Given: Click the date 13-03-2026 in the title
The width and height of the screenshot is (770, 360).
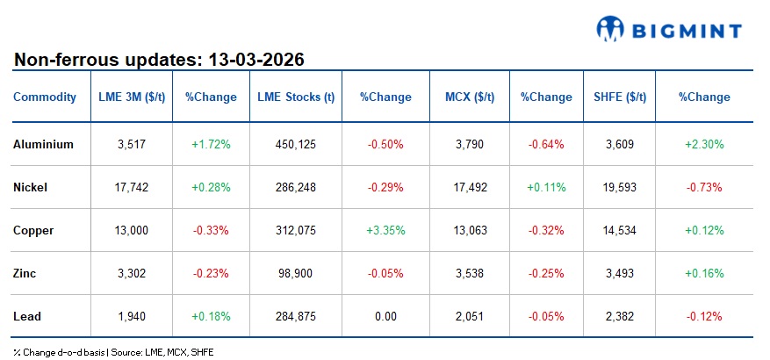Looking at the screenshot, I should click(256, 60).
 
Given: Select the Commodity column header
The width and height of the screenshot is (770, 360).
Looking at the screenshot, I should click(45, 97).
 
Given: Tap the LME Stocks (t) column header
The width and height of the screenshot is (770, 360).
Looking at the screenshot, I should click(296, 97).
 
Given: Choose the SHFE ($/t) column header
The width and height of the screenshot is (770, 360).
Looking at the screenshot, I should click(618, 97).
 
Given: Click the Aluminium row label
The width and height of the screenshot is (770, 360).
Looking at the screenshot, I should click(44, 144).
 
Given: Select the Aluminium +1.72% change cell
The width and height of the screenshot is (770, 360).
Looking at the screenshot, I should click(211, 144).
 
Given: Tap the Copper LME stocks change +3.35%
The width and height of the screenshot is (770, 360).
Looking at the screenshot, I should click(385, 230).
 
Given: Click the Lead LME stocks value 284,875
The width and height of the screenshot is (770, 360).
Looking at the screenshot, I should click(296, 315).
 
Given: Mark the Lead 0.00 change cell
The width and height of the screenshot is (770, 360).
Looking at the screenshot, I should click(385, 315).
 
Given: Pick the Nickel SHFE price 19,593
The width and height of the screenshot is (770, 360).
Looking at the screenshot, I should click(618, 187).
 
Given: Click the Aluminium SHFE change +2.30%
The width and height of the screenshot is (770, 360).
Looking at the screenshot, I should click(705, 144).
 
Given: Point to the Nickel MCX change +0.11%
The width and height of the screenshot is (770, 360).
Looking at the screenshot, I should click(546, 187).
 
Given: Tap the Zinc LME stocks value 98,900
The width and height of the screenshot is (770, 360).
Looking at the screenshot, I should click(296, 272).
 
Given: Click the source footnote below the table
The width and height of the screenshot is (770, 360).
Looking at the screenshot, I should click(113, 351).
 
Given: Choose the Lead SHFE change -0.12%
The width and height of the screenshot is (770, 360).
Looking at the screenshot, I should click(705, 315).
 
